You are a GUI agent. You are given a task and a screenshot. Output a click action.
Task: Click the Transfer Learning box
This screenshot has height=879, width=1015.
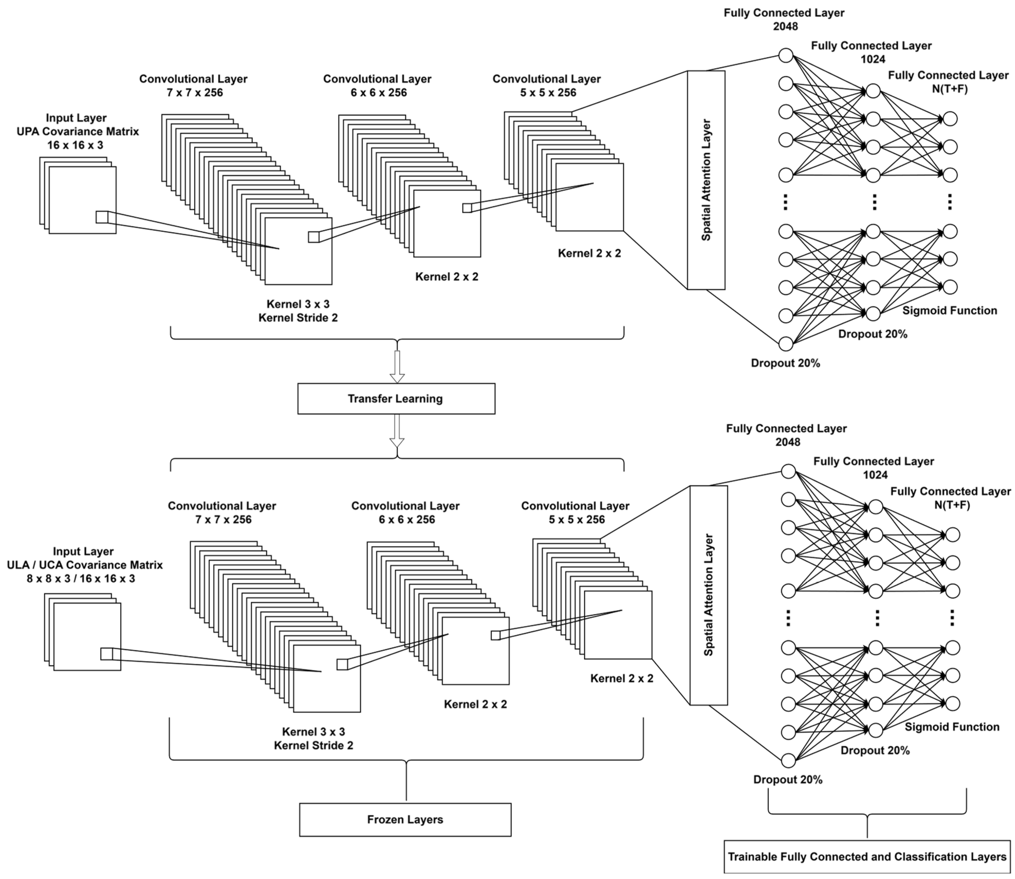click(396, 399)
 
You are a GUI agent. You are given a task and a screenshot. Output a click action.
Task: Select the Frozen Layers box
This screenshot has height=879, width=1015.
click(405, 820)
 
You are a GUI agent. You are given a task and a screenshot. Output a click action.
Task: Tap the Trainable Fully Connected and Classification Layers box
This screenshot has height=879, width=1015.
click(867, 857)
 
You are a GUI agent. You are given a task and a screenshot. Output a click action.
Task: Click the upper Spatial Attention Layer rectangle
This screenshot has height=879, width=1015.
click(706, 180)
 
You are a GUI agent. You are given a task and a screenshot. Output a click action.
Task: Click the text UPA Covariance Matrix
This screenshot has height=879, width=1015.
click(78, 132)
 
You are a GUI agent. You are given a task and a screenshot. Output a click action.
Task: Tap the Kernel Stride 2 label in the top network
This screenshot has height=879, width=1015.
click(298, 318)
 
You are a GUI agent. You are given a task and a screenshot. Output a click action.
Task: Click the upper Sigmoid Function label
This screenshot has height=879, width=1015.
click(950, 310)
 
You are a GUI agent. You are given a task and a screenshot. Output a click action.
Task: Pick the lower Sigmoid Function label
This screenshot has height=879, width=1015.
click(952, 727)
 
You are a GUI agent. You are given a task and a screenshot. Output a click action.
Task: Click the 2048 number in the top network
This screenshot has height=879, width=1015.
click(785, 27)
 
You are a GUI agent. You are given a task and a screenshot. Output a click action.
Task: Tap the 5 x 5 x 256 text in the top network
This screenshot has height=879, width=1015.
click(548, 92)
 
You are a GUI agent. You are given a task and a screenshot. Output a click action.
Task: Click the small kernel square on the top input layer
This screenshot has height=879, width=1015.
click(101, 217)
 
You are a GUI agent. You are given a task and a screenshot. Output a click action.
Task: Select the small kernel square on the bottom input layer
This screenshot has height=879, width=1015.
click(106, 654)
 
